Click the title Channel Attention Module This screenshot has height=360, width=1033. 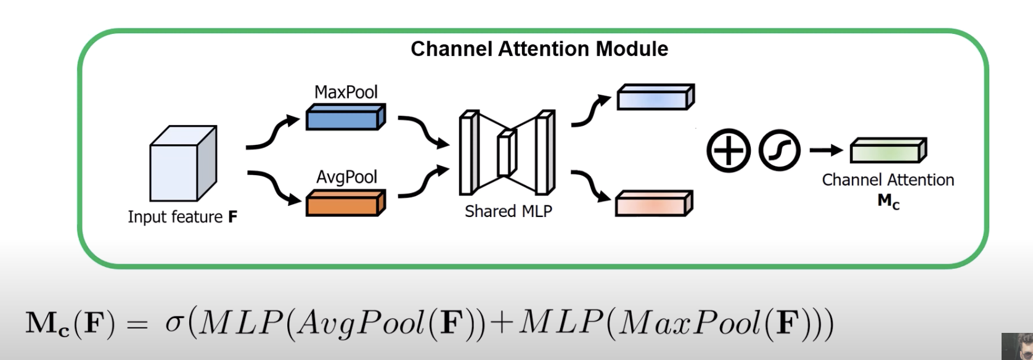[539, 49]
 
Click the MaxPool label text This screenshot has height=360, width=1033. [346, 92]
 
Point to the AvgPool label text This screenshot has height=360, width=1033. [346, 177]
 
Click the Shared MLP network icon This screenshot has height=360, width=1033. [507, 152]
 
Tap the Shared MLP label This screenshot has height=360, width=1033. [508, 211]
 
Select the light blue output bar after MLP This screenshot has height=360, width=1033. [655, 97]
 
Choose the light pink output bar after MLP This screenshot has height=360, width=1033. [654, 203]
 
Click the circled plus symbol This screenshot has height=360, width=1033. [728, 150]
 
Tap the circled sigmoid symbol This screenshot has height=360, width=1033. [779, 150]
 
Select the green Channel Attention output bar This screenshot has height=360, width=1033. [888, 150]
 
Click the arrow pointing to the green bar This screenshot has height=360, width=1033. [826, 150]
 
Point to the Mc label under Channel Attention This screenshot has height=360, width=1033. [888, 201]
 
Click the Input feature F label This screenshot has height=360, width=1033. [182, 217]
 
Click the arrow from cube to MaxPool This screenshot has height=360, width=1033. [271, 133]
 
